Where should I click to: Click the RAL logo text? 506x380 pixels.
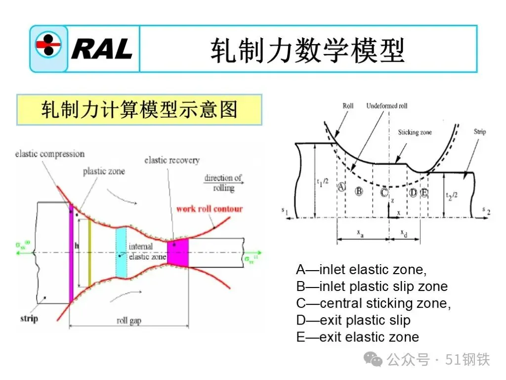pos(102,48)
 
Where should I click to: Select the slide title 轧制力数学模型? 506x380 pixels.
pos(307,50)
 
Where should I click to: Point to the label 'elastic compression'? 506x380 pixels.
pos(50,154)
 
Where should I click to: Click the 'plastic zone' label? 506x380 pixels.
pos(104,171)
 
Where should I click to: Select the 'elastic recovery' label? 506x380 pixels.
pos(172,160)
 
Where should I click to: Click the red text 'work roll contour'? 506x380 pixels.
pos(210,208)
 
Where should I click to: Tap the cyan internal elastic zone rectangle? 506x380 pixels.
pos(121,252)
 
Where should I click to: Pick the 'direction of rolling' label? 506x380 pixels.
pos(223,183)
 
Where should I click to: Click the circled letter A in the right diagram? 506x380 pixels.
pos(340,187)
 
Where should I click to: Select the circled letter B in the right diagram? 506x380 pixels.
pos(359,191)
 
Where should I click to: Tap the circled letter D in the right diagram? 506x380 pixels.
pos(413,192)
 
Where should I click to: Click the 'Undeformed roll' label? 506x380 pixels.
pos(387,106)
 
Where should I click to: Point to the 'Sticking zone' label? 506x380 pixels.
pos(415,133)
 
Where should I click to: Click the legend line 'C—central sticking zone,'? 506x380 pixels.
pos(373,303)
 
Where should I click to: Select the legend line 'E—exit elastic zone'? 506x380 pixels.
pos(357,337)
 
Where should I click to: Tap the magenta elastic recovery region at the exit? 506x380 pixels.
pos(178,252)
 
